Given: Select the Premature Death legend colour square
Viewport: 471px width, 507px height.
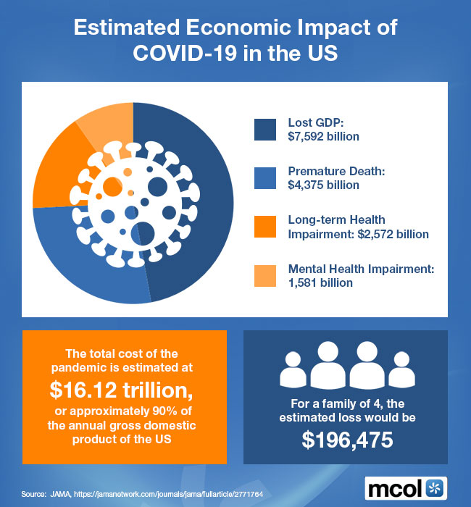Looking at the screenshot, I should (267, 177).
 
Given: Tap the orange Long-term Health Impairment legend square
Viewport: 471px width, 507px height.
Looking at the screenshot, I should (267, 227).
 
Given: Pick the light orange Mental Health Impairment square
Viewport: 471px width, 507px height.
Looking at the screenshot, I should (267, 276).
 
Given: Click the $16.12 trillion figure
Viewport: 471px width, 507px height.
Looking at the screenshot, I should (122, 390).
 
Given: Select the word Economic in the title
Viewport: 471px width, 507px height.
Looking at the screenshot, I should (232, 29).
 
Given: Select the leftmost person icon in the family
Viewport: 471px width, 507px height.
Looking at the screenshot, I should (293, 371).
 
